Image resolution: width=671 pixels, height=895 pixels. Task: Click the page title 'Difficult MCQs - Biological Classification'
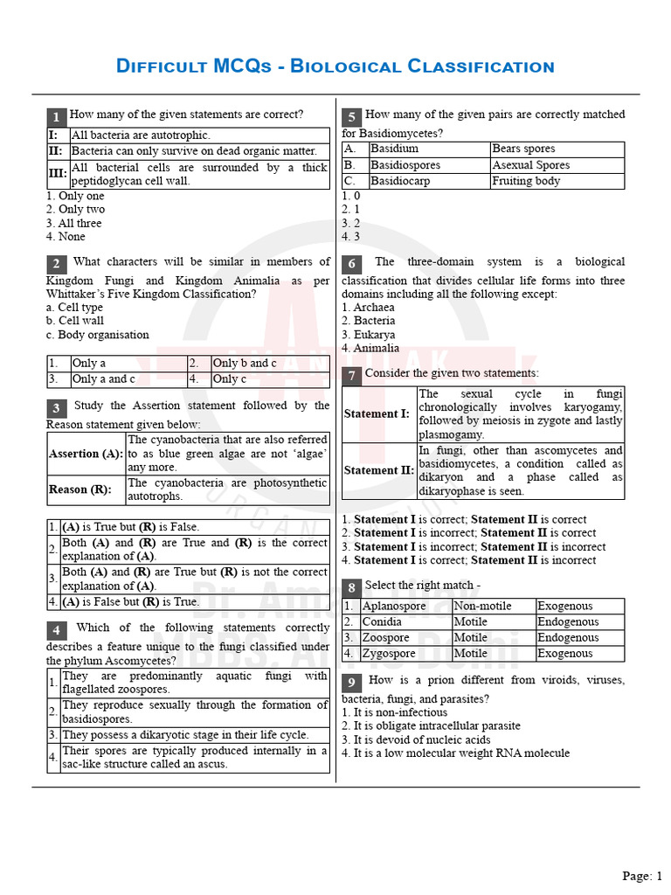335,66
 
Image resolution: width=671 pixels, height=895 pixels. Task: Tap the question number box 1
56,117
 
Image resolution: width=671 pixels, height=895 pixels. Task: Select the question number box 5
351,117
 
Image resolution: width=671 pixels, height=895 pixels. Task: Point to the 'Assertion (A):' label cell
86,454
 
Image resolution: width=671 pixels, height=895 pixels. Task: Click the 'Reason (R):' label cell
80,489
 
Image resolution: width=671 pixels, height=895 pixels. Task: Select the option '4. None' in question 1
66,236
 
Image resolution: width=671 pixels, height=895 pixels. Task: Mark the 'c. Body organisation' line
97,335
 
